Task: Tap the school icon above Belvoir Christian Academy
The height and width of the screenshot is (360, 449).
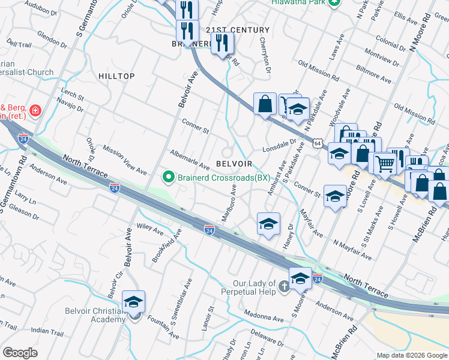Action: (133, 301)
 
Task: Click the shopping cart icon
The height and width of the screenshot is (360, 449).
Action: (385, 162)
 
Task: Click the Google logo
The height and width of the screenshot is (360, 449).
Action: (20, 353)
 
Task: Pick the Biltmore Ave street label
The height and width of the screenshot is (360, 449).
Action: (373, 74)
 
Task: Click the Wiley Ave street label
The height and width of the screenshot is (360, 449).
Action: (150, 228)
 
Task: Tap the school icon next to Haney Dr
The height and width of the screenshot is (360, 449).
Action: (269, 224)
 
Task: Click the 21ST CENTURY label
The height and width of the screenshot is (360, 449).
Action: (238, 30)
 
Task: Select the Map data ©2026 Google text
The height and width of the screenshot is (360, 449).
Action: (411, 355)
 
